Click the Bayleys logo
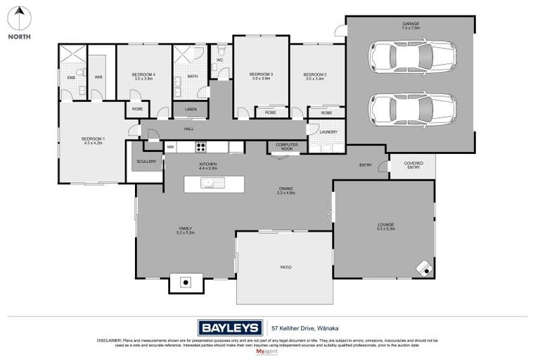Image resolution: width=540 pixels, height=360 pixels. [x=230, y=327]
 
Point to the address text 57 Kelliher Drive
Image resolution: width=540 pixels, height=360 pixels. [x=297, y=327]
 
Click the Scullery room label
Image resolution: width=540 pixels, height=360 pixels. [x=146, y=162]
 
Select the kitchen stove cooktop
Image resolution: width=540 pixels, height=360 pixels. [x=200, y=147]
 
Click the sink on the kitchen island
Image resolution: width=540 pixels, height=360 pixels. [x=210, y=184]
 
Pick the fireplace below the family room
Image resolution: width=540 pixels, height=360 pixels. [x=186, y=283]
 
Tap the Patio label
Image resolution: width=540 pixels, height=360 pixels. [x=285, y=268]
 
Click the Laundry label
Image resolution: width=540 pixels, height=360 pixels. [x=328, y=132]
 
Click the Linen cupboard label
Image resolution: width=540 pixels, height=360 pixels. [x=191, y=110]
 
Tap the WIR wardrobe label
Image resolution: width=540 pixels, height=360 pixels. [x=98, y=77]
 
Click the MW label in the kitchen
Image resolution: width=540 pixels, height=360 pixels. [x=170, y=147]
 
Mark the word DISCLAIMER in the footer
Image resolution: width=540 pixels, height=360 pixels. [x=110, y=340]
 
